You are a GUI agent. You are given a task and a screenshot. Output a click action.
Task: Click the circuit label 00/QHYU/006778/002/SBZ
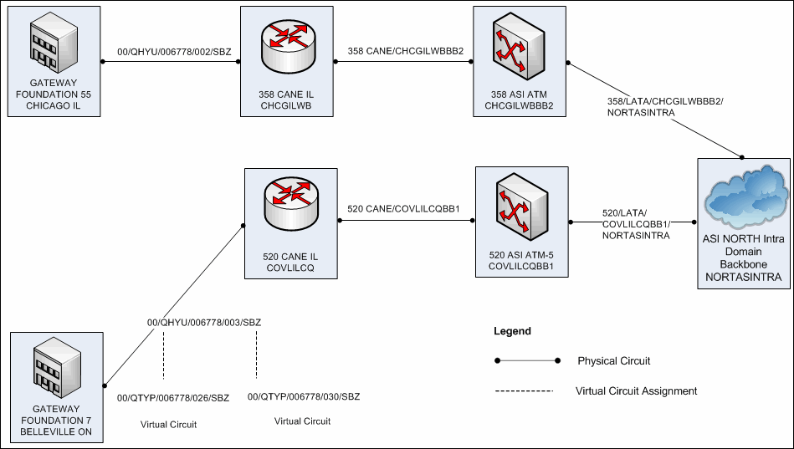[x=174, y=52]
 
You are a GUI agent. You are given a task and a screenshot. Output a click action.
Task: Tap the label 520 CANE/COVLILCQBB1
[x=405, y=209]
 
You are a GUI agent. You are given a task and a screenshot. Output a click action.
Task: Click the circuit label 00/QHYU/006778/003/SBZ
[x=204, y=322]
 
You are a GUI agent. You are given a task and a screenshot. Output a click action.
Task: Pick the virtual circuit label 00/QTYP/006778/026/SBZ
[x=172, y=397]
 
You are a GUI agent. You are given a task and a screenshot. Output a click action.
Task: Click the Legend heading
[x=512, y=331]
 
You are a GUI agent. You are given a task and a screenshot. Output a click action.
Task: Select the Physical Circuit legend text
[x=613, y=361]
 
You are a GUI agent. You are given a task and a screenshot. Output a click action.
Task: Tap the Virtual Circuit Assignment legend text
[x=636, y=390]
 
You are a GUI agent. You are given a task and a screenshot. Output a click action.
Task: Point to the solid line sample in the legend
[x=527, y=361]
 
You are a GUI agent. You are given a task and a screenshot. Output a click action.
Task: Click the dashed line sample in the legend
[x=524, y=391]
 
